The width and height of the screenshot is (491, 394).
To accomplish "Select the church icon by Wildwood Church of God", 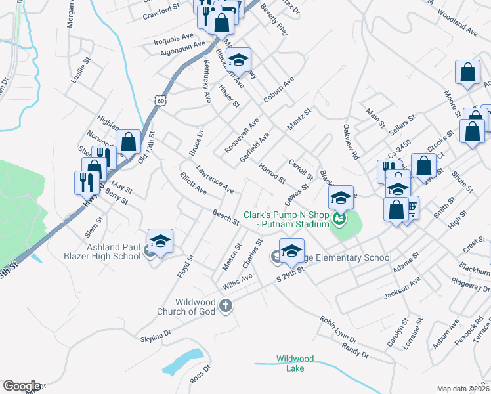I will tap(226, 305).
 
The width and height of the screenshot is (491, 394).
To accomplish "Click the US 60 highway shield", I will tap(160, 100).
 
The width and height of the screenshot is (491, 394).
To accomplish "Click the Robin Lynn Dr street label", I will tap(338, 330).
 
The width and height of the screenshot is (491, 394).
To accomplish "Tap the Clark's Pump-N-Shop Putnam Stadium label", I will tap(286, 219).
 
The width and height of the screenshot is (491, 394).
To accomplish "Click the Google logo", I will tap(22, 386).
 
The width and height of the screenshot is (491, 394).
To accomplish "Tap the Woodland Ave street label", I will tap(457, 22).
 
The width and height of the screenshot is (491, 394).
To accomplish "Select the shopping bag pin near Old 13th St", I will tap(128, 141).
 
